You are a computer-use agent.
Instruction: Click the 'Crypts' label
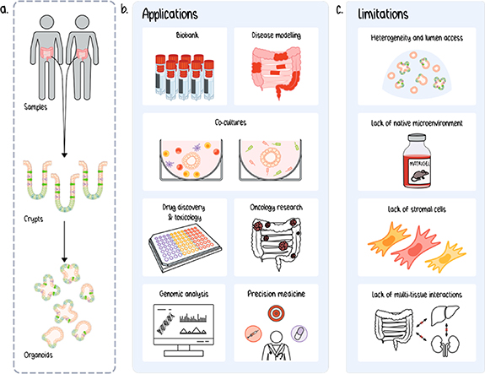33,216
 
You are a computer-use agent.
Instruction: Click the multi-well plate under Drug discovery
186,247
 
